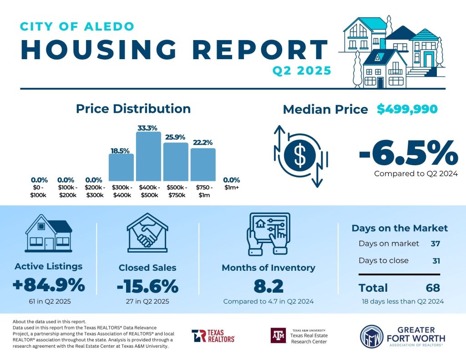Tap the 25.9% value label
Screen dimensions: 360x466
click(175, 137)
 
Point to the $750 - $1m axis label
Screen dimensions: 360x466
click(203, 191)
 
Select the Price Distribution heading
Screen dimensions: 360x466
click(133, 109)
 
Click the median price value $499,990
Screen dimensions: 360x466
click(407, 109)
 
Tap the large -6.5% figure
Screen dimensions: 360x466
click(408, 153)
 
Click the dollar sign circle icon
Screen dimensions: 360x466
click(300, 156)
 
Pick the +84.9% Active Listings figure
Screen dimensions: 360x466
click(49, 285)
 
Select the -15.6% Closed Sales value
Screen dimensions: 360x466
click(147, 286)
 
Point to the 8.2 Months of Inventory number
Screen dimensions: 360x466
click(268, 286)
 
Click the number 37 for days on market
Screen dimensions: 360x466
click(435, 243)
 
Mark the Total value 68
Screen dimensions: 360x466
click(432, 288)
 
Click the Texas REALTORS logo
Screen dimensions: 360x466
click(213, 336)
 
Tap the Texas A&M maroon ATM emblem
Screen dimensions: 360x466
click(278, 336)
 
